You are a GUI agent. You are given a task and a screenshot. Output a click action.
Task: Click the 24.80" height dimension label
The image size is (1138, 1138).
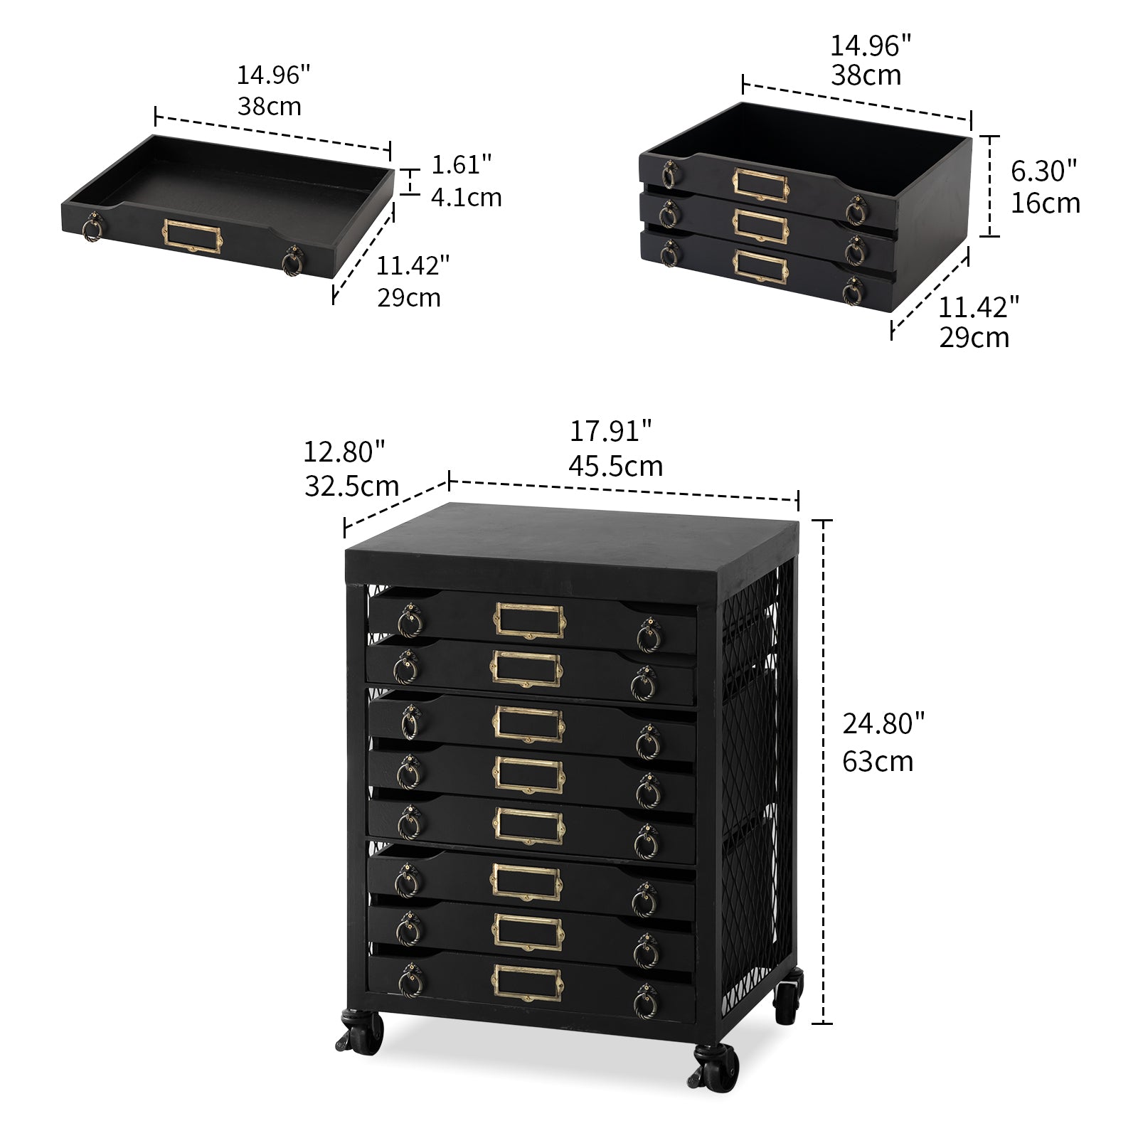883,724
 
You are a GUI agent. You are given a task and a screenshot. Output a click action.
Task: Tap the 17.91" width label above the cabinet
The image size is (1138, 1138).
610,431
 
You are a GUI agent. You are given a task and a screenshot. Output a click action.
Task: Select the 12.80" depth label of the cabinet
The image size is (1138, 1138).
344,451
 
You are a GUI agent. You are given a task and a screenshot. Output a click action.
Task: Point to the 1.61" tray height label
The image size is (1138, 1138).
462,164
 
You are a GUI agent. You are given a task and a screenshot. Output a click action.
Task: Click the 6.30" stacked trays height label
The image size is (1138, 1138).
1043,171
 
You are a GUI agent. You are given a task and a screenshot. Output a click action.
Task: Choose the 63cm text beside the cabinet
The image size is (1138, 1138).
878,761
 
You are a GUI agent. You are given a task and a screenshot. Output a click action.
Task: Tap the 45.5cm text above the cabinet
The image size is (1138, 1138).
616,466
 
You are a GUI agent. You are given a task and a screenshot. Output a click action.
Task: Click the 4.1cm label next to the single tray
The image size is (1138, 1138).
467,197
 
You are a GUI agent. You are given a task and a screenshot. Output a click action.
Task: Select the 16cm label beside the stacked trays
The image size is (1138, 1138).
1046,203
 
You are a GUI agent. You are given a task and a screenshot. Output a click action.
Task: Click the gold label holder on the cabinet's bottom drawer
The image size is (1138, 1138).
527,982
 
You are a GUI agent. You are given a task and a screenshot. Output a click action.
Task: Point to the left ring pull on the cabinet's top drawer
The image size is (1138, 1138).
410,620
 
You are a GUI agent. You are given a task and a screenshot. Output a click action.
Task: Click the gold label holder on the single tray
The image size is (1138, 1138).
193,236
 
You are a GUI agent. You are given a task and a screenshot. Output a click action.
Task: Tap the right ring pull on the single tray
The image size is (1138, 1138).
292,261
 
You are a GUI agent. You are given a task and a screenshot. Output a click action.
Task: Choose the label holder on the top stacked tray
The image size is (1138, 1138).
760,184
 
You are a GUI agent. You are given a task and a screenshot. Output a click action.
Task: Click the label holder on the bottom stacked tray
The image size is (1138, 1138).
760,265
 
